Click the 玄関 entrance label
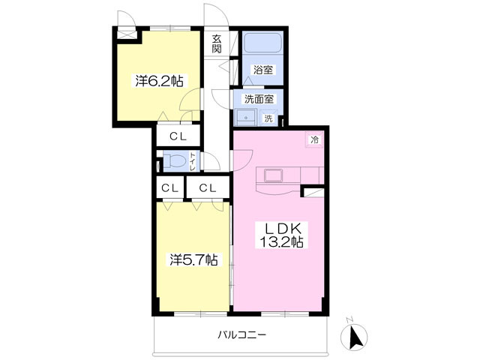[217, 43]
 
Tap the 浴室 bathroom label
[263, 70]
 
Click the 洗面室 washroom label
[259, 99]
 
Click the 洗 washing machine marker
[268, 118]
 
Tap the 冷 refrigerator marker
[315, 140]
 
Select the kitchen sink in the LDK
[274, 175]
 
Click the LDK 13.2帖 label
[282, 235]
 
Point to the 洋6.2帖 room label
[160, 81]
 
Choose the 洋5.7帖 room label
[193, 259]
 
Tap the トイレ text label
[192, 161]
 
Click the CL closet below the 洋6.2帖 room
[178, 135]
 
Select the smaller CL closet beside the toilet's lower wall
[170, 187]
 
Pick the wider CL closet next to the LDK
[208, 187]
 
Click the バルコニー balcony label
[242, 334]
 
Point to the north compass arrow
[354, 338]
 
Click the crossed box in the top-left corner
[127, 33]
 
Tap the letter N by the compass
[350, 319]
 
